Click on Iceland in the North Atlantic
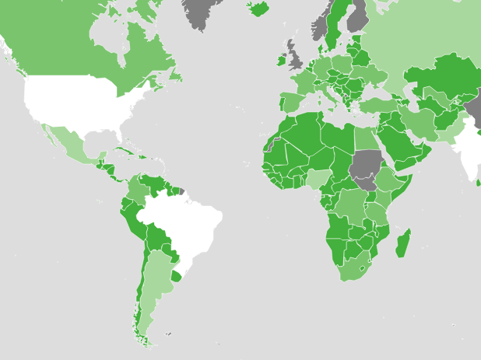(258, 9)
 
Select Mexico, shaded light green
(68, 144)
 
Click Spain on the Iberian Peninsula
(291, 102)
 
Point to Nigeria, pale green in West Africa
(318, 180)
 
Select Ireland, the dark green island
(281, 59)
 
